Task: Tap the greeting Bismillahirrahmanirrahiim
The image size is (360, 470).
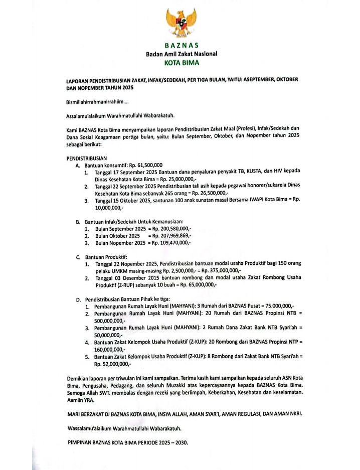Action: (96, 102)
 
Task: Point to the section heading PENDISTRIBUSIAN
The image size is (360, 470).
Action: (87, 158)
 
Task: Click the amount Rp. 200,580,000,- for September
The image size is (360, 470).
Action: (170, 228)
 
